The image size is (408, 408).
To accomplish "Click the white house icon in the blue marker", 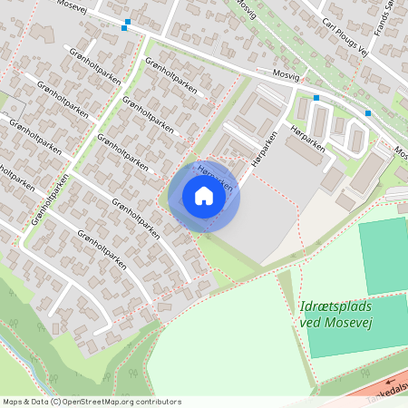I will (204, 196).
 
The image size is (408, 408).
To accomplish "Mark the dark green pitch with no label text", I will (383, 250).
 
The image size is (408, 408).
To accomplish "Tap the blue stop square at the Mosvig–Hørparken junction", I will (316, 98).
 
